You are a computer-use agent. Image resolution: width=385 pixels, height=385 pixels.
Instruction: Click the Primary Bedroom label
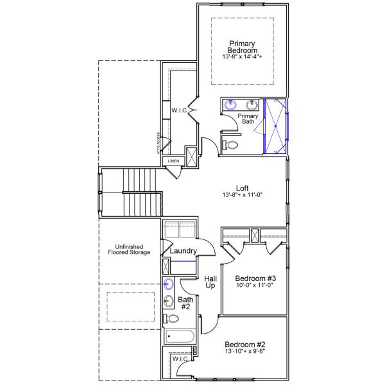pyautogui.click(x=243, y=46)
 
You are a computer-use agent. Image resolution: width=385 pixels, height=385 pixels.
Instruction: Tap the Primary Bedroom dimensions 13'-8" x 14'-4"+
pyautogui.click(x=243, y=56)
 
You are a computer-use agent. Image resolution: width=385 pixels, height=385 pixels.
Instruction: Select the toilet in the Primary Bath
pyautogui.click(x=230, y=146)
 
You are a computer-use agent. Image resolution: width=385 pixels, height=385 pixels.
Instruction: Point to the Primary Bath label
pyautogui.click(x=248, y=119)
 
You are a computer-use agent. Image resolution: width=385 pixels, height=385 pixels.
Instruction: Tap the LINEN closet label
pyautogui.click(x=174, y=160)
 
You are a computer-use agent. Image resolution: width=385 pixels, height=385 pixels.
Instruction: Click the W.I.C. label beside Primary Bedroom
pyautogui.click(x=179, y=110)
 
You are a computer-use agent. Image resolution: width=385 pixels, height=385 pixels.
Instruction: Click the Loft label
pyautogui.click(x=242, y=188)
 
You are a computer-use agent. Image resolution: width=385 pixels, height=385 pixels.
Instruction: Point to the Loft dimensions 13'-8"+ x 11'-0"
pyautogui.click(x=242, y=195)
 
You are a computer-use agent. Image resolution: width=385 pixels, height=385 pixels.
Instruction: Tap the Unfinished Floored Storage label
pyautogui.click(x=128, y=250)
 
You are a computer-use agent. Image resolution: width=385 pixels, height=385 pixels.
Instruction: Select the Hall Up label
pyautogui.click(x=210, y=283)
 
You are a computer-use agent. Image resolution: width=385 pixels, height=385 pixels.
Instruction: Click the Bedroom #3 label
pyautogui.click(x=249, y=278)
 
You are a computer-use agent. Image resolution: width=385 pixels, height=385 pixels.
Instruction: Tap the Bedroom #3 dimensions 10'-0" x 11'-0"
pyautogui.click(x=249, y=285)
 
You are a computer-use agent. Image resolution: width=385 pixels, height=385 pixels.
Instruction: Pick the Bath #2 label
pyautogui.click(x=185, y=303)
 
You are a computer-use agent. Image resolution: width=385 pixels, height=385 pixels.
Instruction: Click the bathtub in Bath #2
pyautogui.click(x=180, y=337)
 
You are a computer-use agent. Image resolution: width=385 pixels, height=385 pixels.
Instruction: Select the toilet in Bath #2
pyautogui.click(x=171, y=318)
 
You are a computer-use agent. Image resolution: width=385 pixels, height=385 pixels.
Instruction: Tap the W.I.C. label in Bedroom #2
pyautogui.click(x=180, y=359)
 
